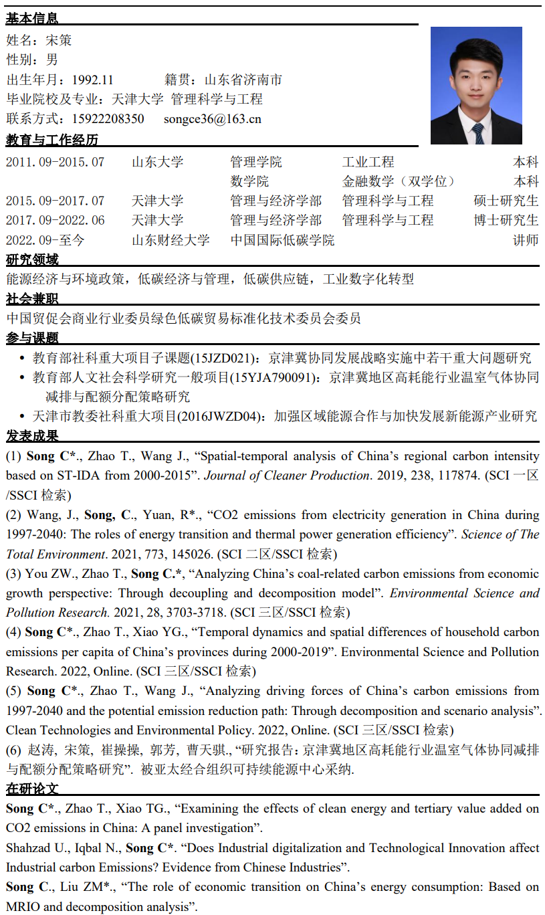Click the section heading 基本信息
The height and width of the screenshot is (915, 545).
pyautogui.click(x=32, y=19)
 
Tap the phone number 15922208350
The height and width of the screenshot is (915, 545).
pyautogui.click(x=108, y=119)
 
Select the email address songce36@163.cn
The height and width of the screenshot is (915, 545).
pyautogui.click(x=213, y=119)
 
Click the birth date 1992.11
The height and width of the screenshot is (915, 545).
pyautogui.click(x=93, y=80)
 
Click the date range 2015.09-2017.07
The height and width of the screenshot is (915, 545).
pyautogui.click(x=56, y=201)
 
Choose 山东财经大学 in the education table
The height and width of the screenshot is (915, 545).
pyautogui.click(x=171, y=240)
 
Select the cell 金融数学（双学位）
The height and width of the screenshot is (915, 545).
pyautogui.click(x=399, y=181)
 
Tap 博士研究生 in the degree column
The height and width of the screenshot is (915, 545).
pyautogui.click(x=506, y=220)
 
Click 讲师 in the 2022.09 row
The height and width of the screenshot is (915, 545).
pyautogui.click(x=526, y=240)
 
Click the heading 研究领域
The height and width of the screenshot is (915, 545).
pyautogui.click(x=32, y=260)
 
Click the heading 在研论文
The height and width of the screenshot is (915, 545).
pyautogui.click(x=32, y=789)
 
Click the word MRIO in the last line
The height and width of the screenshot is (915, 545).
pyautogui.click(x=24, y=907)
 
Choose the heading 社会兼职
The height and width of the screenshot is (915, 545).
pyautogui.click(x=32, y=298)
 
